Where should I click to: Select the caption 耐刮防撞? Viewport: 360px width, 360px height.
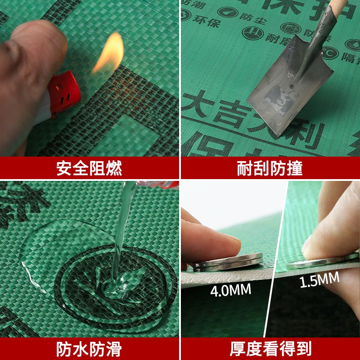270,168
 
